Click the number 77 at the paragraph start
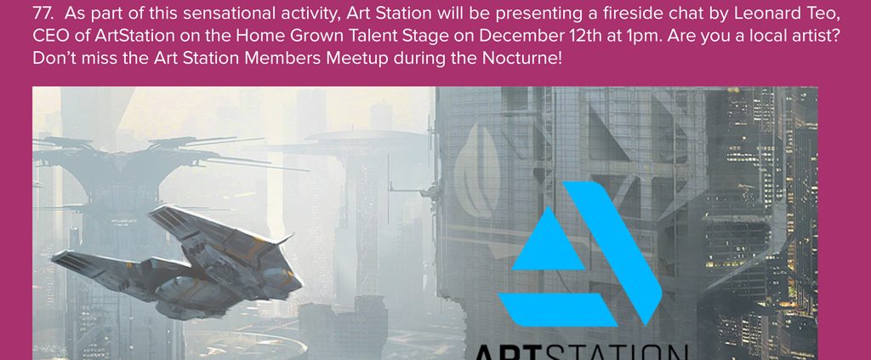tap(43, 13)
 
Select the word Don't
tap(54, 58)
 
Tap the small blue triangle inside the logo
tap(548, 244)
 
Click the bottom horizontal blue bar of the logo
tap(558, 309)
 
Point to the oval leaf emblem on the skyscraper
tap(476, 170)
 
